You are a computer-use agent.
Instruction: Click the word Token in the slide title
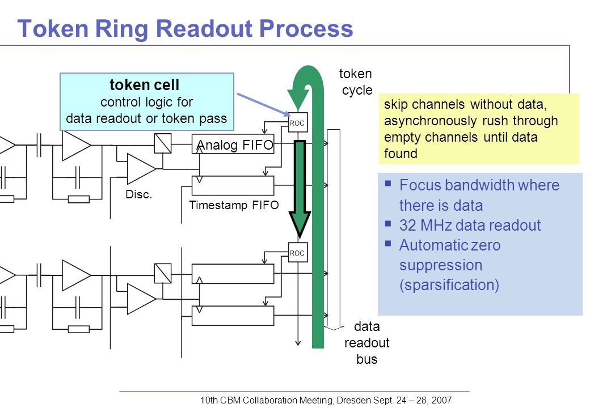tap(53, 28)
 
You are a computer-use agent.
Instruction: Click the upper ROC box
tap(298, 122)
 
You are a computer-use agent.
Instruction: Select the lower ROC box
tap(298, 253)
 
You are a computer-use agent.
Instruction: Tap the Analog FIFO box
tap(233, 144)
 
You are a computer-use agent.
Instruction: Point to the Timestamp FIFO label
tap(234, 205)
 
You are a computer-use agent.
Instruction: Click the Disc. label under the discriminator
tap(138, 194)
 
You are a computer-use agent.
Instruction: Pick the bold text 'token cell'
tap(145, 85)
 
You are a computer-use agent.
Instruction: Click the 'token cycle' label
tap(356, 82)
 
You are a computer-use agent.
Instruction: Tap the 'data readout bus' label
tap(366, 343)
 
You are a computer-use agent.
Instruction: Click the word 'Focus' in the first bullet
tap(419, 185)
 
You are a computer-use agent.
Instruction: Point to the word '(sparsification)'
tap(449, 285)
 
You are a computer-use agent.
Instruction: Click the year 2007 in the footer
tap(441, 400)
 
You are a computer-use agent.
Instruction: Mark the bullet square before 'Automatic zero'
tap(388, 243)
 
